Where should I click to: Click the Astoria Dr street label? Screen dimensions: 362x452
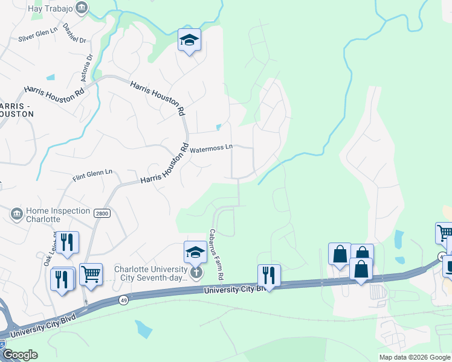89,66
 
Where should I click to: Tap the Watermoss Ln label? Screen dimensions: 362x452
211,147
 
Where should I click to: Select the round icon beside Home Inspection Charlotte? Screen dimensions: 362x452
16,214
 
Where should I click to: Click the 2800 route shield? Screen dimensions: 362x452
100,212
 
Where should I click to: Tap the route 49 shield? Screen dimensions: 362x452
123,300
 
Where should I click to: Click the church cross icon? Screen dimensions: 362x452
195,272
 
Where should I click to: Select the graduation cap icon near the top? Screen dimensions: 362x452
189,40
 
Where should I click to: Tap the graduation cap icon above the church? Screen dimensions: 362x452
195,252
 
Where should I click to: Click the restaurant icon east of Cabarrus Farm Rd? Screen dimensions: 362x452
269,275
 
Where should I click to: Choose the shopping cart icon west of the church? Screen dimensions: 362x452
91,274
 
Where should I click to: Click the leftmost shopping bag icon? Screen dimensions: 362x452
340,253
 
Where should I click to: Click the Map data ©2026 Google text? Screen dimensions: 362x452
415,357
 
